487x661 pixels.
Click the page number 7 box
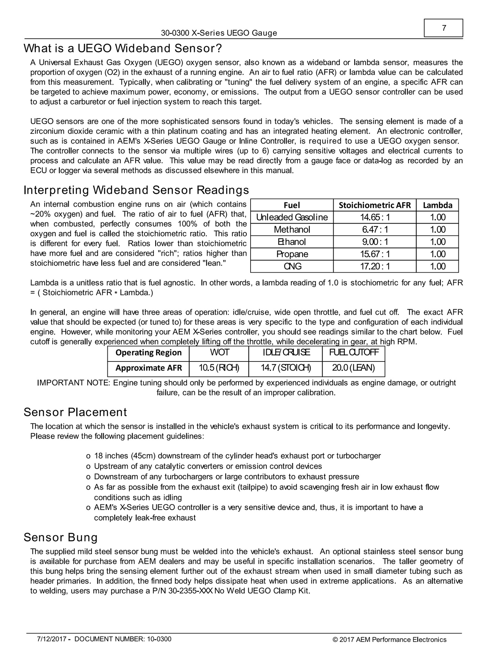[443, 28]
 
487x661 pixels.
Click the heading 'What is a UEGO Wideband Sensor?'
[123, 49]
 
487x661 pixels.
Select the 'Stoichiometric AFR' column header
[374, 205]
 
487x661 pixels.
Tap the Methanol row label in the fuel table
[292, 230]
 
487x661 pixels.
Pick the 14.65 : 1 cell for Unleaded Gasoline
[374, 217]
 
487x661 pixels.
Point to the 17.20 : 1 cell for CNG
[374, 266]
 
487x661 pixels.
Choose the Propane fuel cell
[292, 254]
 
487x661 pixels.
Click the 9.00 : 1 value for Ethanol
[374, 242]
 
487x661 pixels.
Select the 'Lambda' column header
[437, 205]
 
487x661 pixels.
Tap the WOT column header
[219, 353]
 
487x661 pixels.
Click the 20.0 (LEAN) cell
[353, 368]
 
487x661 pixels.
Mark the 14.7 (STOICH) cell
[285, 368]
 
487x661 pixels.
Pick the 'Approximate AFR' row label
[148, 368]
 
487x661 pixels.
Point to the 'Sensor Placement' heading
[75, 412]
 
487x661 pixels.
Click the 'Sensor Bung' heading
[61, 537]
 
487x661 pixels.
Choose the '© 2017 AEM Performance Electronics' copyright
[389, 640]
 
